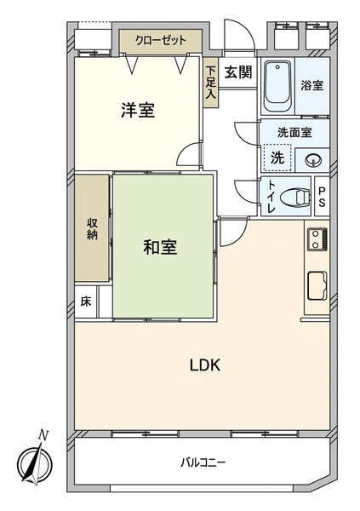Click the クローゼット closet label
point(161,41)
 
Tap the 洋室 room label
point(138,110)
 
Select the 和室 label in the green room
point(160,247)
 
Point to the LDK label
point(205,365)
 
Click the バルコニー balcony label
point(203,462)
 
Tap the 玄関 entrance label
point(239,72)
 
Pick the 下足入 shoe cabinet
point(211,83)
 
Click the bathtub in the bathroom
point(277,86)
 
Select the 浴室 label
point(311,86)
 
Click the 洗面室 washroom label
point(294,132)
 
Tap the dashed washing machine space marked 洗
point(277,158)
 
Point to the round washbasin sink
point(313,160)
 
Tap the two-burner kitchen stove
point(317,239)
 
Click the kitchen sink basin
point(317,286)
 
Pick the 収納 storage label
point(92,229)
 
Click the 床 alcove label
point(86,301)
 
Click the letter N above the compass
point(43,434)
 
